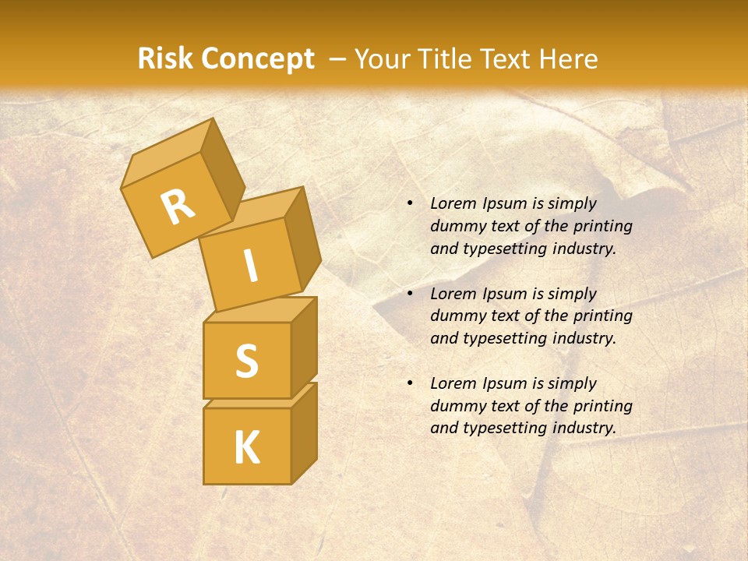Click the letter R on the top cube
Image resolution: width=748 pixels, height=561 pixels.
[178, 207]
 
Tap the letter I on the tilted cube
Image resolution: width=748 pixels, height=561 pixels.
[250, 266]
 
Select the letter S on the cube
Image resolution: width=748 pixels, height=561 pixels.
[246, 361]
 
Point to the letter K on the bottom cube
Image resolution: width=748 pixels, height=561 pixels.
[246, 448]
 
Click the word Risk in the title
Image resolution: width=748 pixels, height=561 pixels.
[165, 59]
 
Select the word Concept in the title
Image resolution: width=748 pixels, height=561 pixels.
[257, 59]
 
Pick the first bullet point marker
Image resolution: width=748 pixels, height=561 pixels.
[410, 204]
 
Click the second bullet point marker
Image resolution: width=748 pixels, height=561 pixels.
[410, 295]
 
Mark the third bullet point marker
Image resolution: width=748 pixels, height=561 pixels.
[410, 384]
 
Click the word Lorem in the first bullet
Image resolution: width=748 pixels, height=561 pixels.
[452, 204]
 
